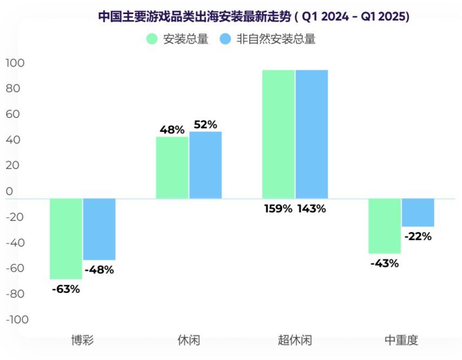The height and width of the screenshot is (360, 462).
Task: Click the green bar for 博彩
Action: point(66,239)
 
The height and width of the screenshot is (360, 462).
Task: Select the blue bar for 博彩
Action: point(99,229)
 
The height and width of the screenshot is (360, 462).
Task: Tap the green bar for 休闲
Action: point(172,168)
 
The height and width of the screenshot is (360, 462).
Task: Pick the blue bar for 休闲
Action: point(206,165)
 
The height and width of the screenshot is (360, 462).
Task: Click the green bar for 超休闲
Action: point(278,134)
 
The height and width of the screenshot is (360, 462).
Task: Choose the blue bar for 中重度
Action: point(418,212)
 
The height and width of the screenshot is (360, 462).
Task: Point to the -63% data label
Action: point(66,289)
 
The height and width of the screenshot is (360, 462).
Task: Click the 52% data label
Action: point(206,125)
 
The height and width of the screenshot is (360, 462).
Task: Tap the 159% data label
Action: point(278,208)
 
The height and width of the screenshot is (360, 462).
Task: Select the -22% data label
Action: point(418,236)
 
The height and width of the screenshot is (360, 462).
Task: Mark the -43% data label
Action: point(385,264)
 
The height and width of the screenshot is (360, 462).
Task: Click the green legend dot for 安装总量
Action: point(151,39)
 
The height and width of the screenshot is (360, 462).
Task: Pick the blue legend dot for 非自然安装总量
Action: point(225,39)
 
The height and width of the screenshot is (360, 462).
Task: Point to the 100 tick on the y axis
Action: point(15,63)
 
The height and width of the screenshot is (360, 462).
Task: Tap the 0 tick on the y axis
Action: point(9,191)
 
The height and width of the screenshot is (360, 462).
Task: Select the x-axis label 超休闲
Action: point(295,341)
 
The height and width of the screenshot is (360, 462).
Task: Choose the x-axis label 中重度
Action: point(401,341)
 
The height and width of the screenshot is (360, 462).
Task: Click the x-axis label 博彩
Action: point(83,341)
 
